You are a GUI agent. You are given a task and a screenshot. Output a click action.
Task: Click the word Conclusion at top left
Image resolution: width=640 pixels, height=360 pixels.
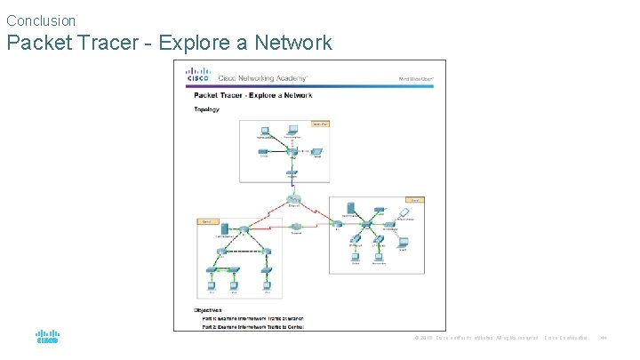[x=41, y=20]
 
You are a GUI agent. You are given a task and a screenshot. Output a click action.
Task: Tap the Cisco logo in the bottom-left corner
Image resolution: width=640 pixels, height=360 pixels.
[x=47, y=338]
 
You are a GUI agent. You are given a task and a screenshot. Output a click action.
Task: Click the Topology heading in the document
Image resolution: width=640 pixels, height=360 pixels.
[x=206, y=109]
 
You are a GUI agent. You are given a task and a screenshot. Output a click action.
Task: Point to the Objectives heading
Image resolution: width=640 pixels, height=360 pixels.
[x=210, y=309]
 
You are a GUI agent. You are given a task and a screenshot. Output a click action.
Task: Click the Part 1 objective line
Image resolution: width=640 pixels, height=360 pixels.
[x=253, y=317]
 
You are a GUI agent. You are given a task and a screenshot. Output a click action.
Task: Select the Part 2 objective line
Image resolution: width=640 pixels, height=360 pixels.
[x=252, y=325]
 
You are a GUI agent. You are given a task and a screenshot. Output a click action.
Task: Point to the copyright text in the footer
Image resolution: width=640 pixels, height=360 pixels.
[x=476, y=338]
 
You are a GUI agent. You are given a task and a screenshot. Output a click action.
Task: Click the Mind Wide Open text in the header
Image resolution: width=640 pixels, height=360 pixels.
[x=415, y=77]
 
